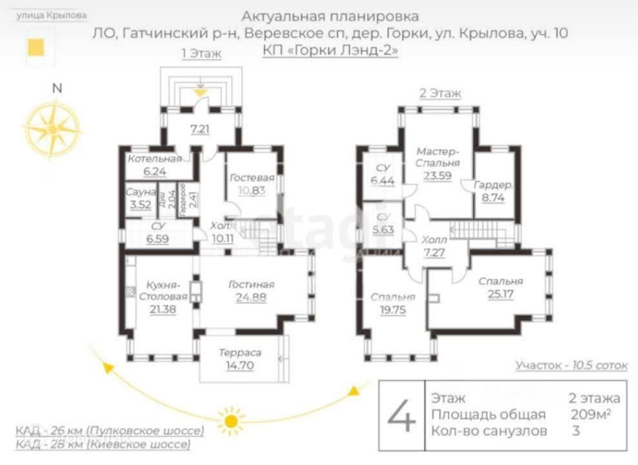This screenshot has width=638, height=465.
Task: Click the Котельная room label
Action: point(154,159)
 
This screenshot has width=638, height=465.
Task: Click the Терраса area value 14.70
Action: point(239,366)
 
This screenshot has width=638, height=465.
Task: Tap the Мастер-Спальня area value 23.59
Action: point(437,174)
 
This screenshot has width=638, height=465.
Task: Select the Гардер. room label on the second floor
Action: point(493,185)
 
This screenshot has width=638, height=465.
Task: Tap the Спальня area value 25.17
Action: point(500,293)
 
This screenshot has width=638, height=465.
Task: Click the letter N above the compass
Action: point(57,90)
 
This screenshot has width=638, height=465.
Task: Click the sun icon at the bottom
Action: point(230,421)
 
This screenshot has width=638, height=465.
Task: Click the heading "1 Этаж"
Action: point(201,54)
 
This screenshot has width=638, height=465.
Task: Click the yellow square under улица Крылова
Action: point(36,47)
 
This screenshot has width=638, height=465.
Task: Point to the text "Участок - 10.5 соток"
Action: point(571,365)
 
